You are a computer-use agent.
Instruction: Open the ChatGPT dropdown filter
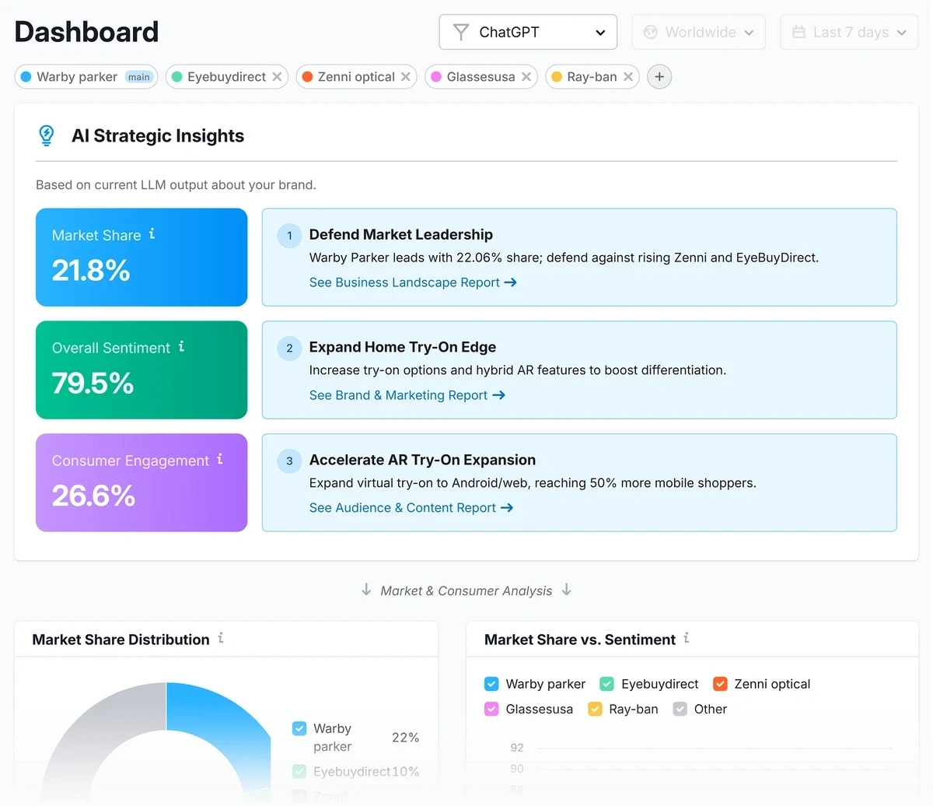pos(528,33)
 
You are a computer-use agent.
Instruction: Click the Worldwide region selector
pos(698,33)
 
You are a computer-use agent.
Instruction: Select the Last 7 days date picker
pos(849,33)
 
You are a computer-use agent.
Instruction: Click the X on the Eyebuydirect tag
pos(277,77)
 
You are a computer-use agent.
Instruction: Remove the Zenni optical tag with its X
pos(406,77)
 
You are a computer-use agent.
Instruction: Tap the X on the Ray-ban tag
pos(628,77)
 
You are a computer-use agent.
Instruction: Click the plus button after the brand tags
pos(659,77)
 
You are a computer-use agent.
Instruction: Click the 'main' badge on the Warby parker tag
pos(139,77)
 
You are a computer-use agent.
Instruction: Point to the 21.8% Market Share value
pos(91,271)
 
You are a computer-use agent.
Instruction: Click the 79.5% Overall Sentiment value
pos(93,384)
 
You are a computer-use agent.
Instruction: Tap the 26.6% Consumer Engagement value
pos(93,496)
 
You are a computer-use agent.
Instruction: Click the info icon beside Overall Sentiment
pos(181,346)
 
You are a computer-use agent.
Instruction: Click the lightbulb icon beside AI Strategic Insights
pos(47,135)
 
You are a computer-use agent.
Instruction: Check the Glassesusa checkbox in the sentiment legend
pos(491,709)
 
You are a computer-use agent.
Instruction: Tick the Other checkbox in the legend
pos(680,709)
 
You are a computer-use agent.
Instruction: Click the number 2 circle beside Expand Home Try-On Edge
pos(289,348)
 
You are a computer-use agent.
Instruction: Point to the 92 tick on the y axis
pos(517,748)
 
